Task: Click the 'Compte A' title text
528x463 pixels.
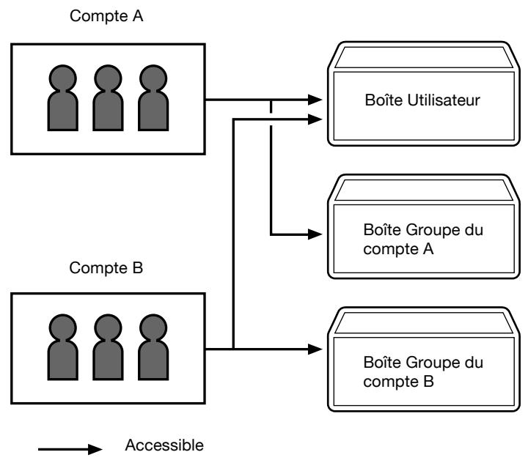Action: tap(106, 16)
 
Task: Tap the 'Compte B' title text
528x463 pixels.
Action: tap(106, 268)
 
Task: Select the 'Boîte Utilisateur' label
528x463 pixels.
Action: tap(422, 100)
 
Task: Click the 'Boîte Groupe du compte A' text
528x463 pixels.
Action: tap(423, 240)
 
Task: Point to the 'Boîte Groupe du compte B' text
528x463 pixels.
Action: tap(423, 372)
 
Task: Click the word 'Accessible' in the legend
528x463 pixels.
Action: tap(164, 445)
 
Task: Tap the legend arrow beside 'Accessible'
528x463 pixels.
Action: tap(70, 449)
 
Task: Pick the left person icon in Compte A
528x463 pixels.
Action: tap(63, 97)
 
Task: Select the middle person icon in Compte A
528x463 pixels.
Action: tap(108, 97)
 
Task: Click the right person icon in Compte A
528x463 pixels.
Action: tap(153, 97)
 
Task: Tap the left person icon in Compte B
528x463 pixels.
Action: tap(63, 347)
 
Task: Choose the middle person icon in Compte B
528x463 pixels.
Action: tap(108, 347)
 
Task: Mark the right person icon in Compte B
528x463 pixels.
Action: tap(153, 347)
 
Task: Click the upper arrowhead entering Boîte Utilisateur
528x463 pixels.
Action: tap(315, 100)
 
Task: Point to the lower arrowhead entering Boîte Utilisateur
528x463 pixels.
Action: tap(315, 119)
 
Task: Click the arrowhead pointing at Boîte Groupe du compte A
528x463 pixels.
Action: tap(315, 234)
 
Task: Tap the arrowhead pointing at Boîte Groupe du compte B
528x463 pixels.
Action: tap(315, 349)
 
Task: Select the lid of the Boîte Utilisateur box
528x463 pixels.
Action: tap(424, 57)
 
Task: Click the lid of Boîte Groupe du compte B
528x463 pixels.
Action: tap(424, 322)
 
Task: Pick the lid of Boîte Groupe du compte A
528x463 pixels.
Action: tap(424, 190)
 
